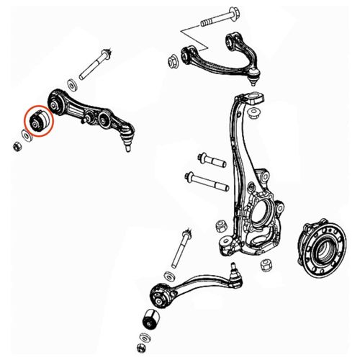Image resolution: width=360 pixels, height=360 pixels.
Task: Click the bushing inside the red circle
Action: point(37,120)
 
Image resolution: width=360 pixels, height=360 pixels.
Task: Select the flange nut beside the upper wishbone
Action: point(173,59)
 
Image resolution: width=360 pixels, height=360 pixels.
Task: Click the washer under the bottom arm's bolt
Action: point(168,274)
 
